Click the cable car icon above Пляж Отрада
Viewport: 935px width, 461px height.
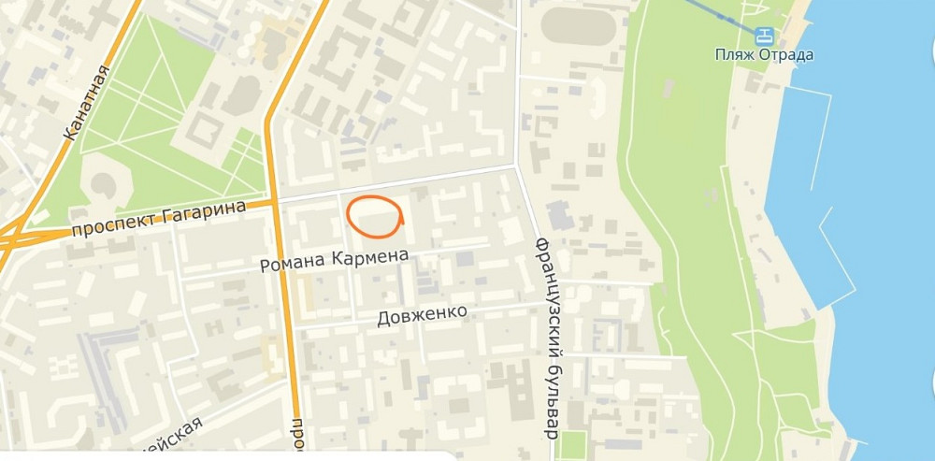click(x=766, y=36)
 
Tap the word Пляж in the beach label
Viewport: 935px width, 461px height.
click(x=729, y=54)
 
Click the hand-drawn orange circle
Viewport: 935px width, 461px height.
click(x=375, y=216)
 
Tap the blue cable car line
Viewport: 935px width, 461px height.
click(x=720, y=12)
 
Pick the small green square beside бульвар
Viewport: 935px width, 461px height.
click(x=572, y=445)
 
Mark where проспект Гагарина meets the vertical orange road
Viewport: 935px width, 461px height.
click(x=276, y=200)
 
